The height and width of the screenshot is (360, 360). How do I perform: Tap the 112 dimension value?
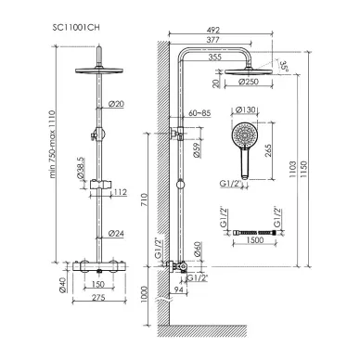[x=118, y=193]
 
